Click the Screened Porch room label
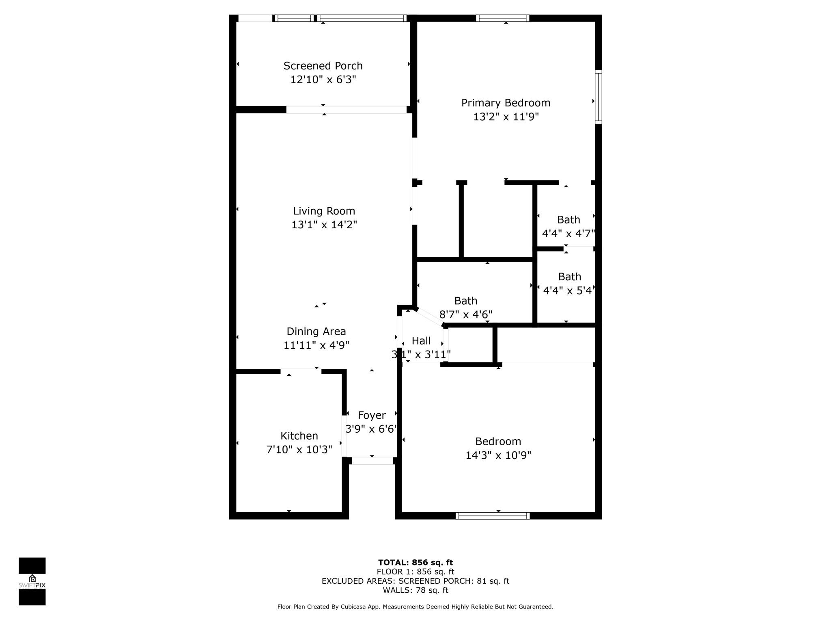click(323, 66)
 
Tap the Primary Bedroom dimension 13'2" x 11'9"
click(506, 117)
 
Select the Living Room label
click(324, 211)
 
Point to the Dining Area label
click(316, 331)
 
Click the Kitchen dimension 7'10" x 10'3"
click(299, 450)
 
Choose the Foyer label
click(372, 416)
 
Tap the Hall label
click(421, 341)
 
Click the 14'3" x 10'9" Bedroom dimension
click(498, 455)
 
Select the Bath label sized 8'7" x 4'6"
click(466, 301)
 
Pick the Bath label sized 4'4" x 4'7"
click(568, 220)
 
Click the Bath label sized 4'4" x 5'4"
click(570, 277)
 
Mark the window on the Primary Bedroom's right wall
click(598, 97)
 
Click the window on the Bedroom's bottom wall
click(493, 516)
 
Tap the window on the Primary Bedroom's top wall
click(503, 18)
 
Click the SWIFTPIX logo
click(32, 581)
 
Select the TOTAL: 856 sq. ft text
click(415, 563)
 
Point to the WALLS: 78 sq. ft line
click(415, 590)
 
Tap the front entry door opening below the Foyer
click(372, 461)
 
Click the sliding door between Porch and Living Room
click(347, 110)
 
